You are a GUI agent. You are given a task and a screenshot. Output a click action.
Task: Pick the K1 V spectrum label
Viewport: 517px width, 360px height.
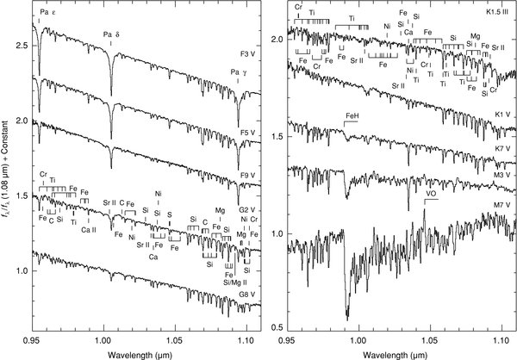coord(496,115)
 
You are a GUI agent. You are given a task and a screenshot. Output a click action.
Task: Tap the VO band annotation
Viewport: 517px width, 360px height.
coord(431,195)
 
